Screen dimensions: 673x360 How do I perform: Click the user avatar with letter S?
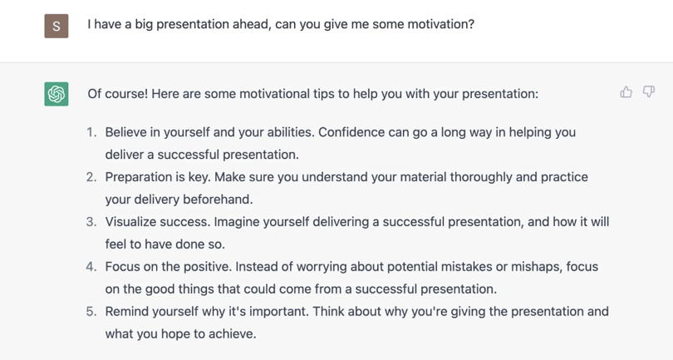56,26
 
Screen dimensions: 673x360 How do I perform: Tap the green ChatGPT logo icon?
56,94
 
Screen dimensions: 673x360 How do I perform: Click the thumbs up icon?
626,92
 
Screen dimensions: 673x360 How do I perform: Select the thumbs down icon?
649,92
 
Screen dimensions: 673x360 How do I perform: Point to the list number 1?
91,132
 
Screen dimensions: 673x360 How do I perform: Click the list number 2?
91,177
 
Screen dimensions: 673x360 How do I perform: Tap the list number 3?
91,222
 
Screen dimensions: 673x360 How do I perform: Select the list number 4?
91,266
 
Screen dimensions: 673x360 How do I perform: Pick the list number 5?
91,311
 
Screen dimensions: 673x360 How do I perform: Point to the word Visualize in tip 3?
130,222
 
